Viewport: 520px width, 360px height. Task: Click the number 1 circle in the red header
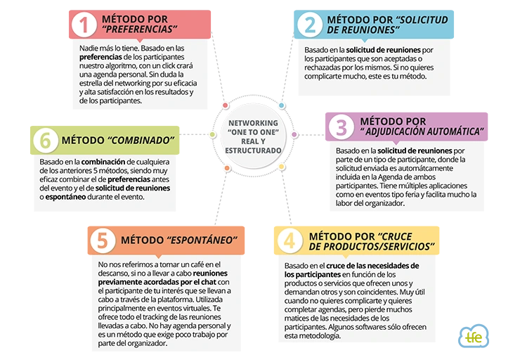84,24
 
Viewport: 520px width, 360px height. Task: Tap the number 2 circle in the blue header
310,24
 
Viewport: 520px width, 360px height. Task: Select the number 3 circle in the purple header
342,127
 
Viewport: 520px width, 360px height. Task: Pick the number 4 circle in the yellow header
290,240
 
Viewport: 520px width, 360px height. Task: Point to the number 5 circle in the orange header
103,240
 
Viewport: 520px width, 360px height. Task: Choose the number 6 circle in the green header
46,141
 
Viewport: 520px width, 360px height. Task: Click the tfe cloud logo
474,336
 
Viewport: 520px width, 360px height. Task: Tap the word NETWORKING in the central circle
254,123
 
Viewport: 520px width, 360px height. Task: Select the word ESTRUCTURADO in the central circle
254,150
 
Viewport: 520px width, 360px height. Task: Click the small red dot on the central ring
226,105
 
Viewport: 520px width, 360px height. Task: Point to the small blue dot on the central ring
282,105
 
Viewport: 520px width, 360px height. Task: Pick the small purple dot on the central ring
294,134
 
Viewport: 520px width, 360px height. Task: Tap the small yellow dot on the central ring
282,167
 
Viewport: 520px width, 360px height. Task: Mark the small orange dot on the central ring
227,168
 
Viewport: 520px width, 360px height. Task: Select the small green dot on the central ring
213,134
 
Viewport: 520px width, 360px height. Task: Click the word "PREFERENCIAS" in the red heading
140,30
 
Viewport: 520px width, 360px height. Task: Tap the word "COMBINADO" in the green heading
141,141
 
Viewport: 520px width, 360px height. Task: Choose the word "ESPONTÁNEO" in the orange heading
202,240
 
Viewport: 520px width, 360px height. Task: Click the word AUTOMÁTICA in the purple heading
451,131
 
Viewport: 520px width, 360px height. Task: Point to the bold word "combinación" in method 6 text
103,162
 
